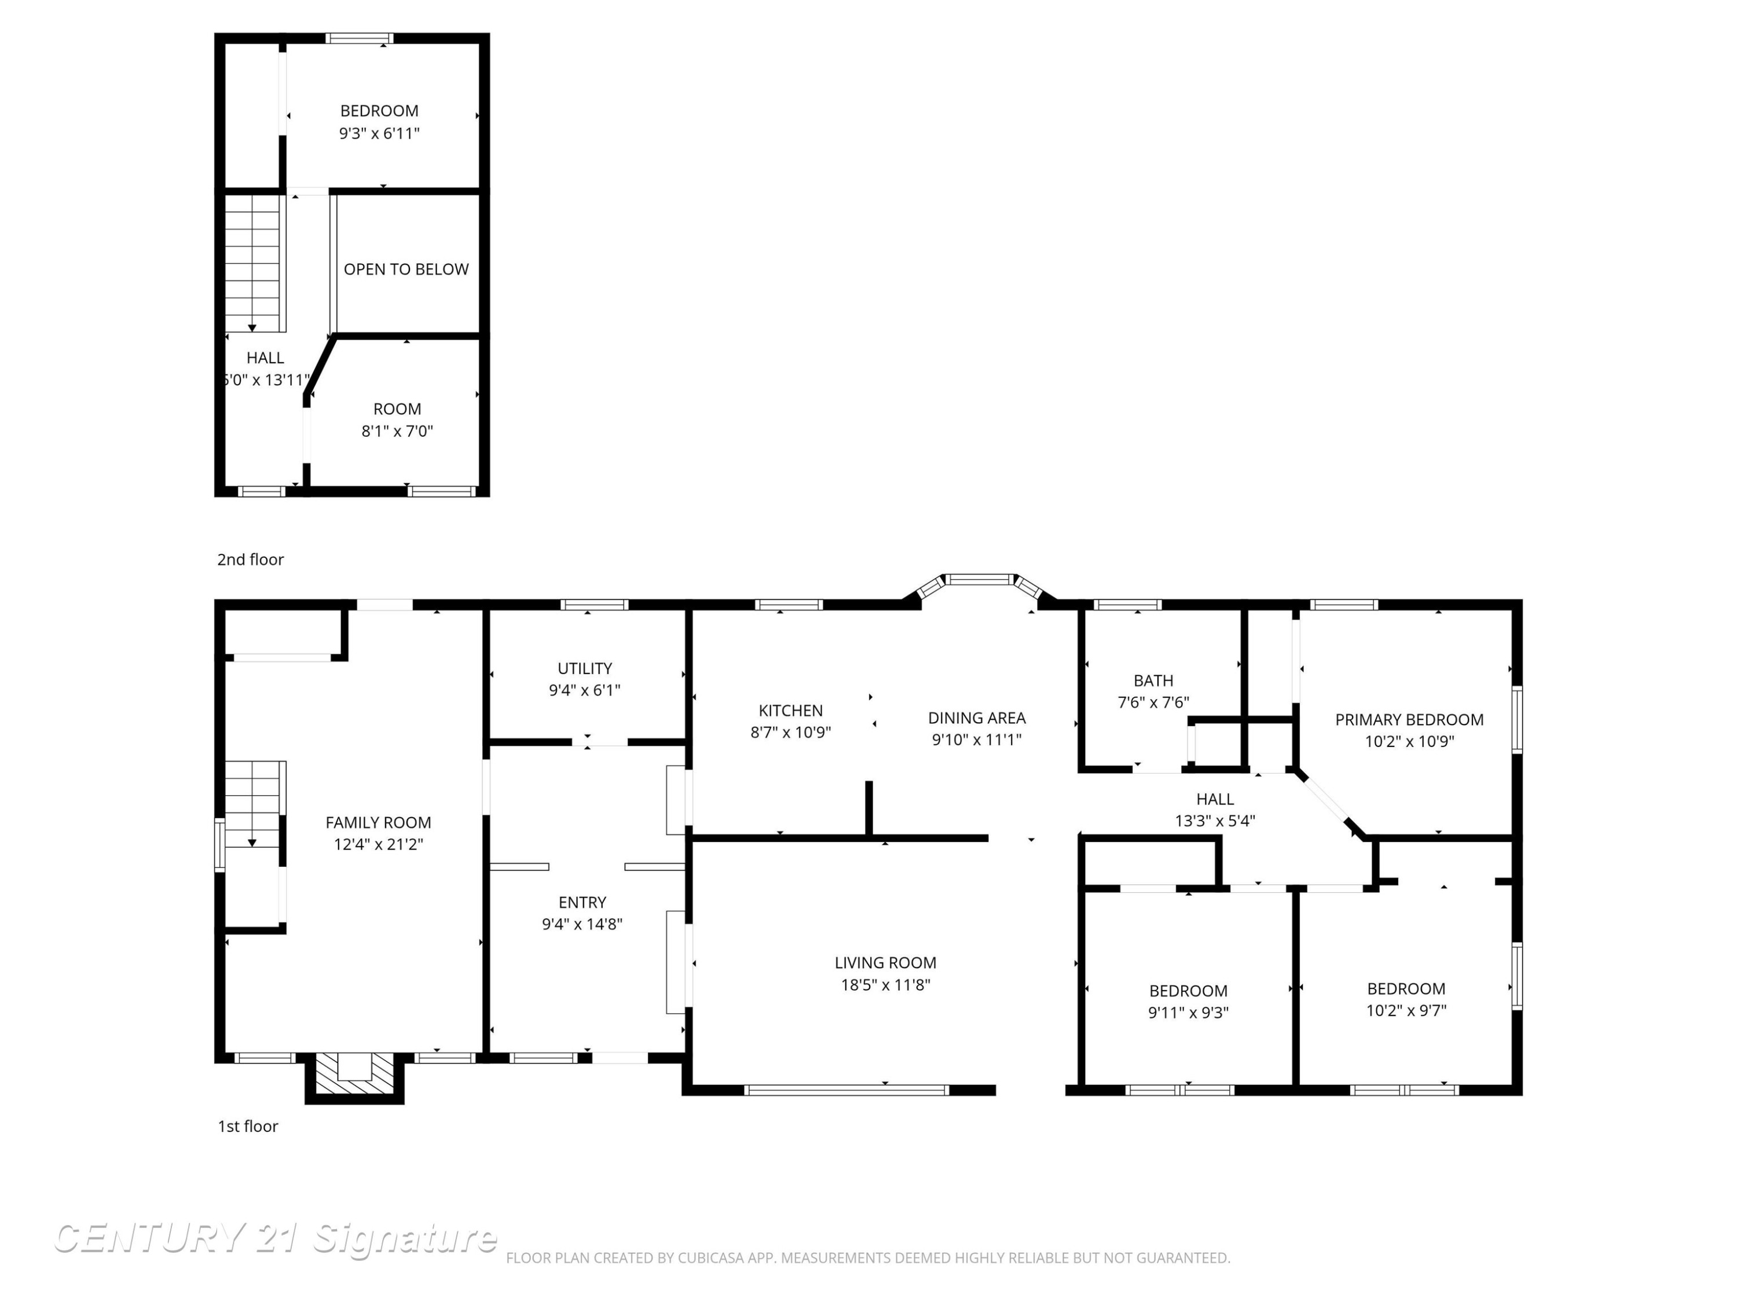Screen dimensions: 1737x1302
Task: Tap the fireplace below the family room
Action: pyautogui.click(x=354, y=1077)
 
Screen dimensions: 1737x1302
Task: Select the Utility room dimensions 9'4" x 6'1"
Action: pyautogui.click(x=584, y=690)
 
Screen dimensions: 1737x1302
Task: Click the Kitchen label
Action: pyautogui.click(x=790, y=710)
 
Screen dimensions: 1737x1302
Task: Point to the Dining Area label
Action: pyautogui.click(x=976, y=718)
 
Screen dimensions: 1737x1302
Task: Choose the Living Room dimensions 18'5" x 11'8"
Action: pyautogui.click(x=885, y=984)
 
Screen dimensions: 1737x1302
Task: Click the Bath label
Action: pyautogui.click(x=1153, y=681)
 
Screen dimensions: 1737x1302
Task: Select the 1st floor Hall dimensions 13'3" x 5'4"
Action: pyautogui.click(x=1215, y=821)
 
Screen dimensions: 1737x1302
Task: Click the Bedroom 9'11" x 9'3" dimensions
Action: pyautogui.click(x=1188, y=1013)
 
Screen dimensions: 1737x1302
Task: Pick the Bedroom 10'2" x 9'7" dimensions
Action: pyautogui.click(x=1406, y=1010)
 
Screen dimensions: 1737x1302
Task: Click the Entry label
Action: pyautogui.click(x=582, y=902)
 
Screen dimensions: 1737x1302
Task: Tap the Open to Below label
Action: pyautogui.click(x=406, y=269)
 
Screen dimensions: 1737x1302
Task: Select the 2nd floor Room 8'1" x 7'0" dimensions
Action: pyautogui.click(x=397, y=431)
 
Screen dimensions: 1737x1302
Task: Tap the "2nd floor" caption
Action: pyautogui.click(x=251, y=560)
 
